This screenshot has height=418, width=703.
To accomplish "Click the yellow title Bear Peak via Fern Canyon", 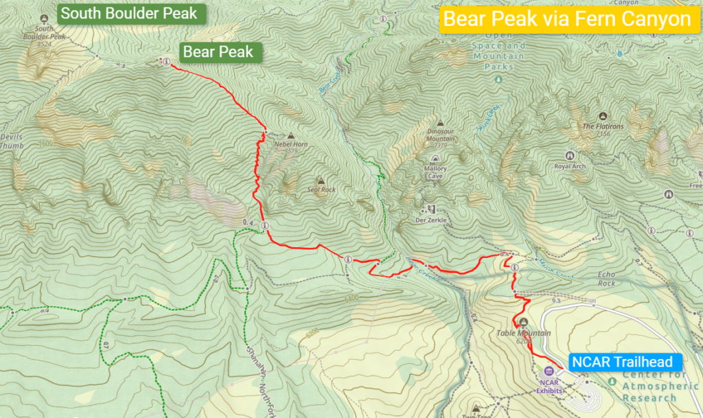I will [x=566, y=20].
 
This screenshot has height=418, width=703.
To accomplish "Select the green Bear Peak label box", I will [x=218, y=51].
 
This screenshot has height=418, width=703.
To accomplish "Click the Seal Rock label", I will [x=321, y=189].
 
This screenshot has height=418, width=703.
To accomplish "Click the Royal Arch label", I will [x=569, y=167].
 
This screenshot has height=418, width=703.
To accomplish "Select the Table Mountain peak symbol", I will [x=524, y=323].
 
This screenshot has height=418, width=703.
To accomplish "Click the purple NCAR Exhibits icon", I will [x=549, y=371].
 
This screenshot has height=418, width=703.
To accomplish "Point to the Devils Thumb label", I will [x=11, y=141].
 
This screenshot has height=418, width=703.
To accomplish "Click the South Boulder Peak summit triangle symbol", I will [x=45, y=19].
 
